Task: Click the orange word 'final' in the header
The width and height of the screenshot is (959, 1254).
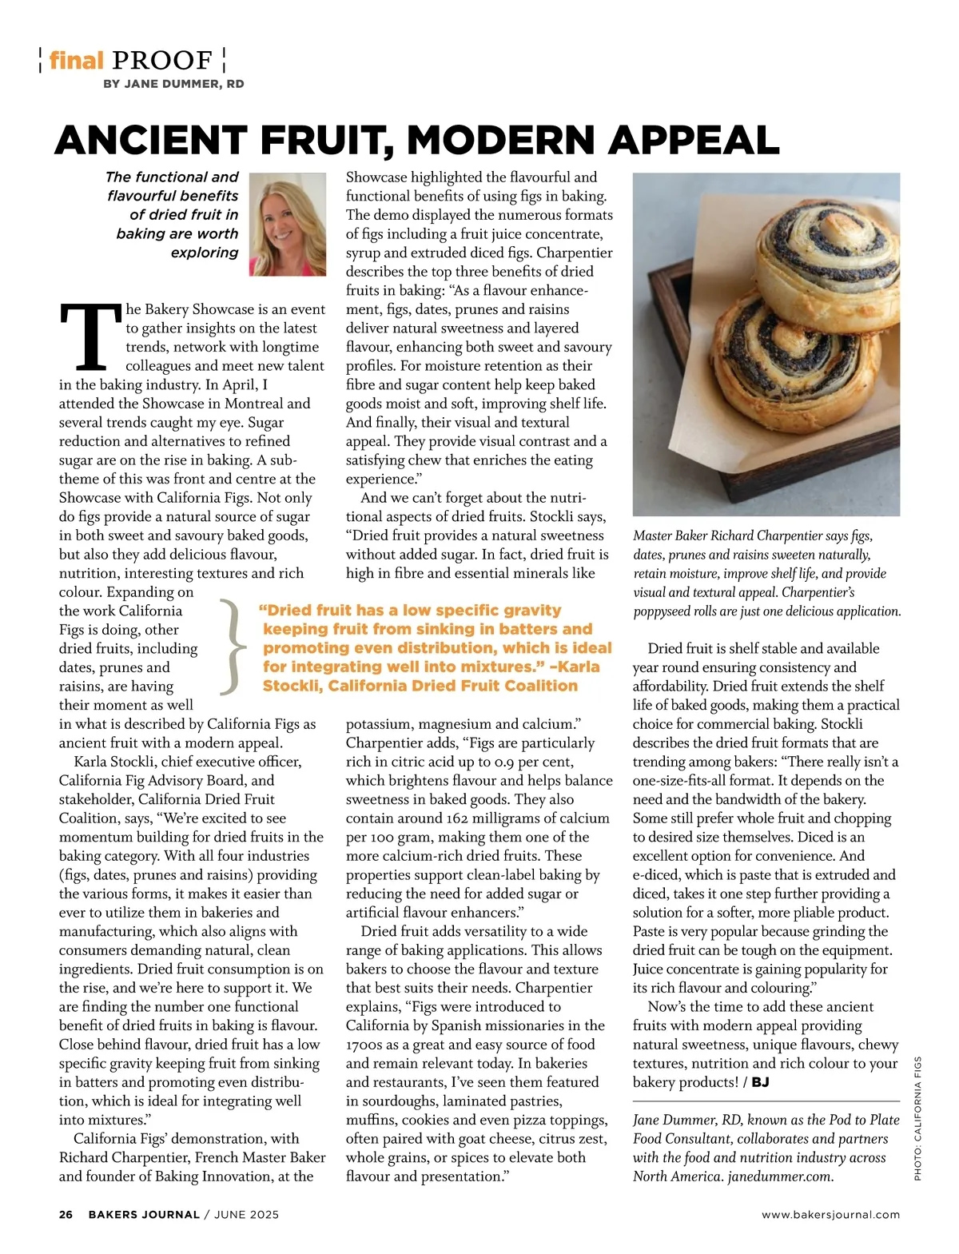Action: pos(77,60)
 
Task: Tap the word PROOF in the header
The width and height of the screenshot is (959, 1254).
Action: pos(162,60)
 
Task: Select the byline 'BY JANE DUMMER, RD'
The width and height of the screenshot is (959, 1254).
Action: pos(173,83)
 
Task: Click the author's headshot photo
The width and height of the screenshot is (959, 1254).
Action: pos(288,224)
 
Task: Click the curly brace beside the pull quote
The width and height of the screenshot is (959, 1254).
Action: pos(230,647)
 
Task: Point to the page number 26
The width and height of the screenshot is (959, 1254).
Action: pos(66,1214)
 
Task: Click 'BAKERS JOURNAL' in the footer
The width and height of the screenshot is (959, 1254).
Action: pos(144,1214)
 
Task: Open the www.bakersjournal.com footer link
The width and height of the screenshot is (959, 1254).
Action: pos(830,1214)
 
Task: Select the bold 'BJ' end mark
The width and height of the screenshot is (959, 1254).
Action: pos(760,1082)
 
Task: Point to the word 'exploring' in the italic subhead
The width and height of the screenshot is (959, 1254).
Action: pos(205,253)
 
